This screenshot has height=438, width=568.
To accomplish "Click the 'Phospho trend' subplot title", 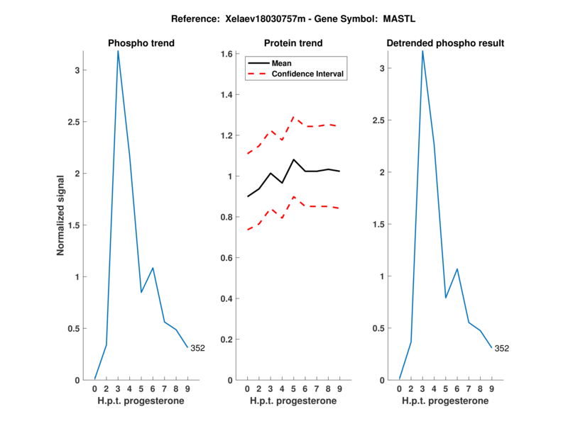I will (x=141, y=43).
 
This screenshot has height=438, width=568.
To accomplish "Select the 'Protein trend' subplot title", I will (x=293, y=43).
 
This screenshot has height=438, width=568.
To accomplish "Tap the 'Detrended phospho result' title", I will (x=445, y=43).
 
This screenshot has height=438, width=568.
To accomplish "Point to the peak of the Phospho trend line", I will (x=118, y=51).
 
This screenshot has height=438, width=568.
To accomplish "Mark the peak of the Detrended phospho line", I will (x=422, y=51).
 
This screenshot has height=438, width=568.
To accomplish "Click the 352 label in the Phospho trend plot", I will (x=197, y=348).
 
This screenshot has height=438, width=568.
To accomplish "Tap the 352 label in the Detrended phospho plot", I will (x=501, y=348).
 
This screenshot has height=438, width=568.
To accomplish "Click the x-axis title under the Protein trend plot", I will (x=293, y=400).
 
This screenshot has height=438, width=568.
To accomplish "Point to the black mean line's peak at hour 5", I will (x=293, y=159).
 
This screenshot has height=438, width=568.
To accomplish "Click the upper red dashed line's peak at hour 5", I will (x=293, y=117).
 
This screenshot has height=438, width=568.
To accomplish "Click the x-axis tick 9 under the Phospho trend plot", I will (x=187, y=388).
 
